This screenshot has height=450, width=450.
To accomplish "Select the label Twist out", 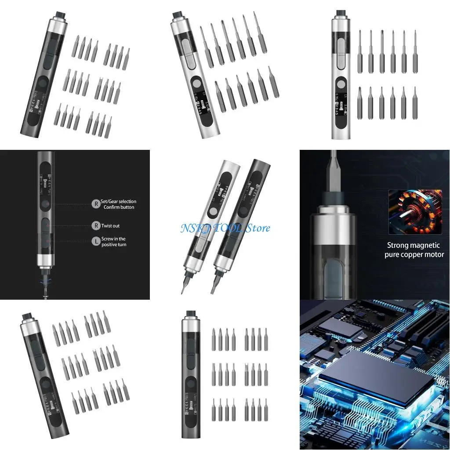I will [110, 226].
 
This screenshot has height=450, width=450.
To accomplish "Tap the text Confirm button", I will [119, 207].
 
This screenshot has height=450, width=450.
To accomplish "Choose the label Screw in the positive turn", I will [114, 242].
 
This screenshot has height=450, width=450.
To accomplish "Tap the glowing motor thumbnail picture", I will [415, 211].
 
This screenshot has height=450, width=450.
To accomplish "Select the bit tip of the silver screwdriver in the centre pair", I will [184, 287].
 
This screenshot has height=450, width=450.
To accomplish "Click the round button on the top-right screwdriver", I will [341, 83].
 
